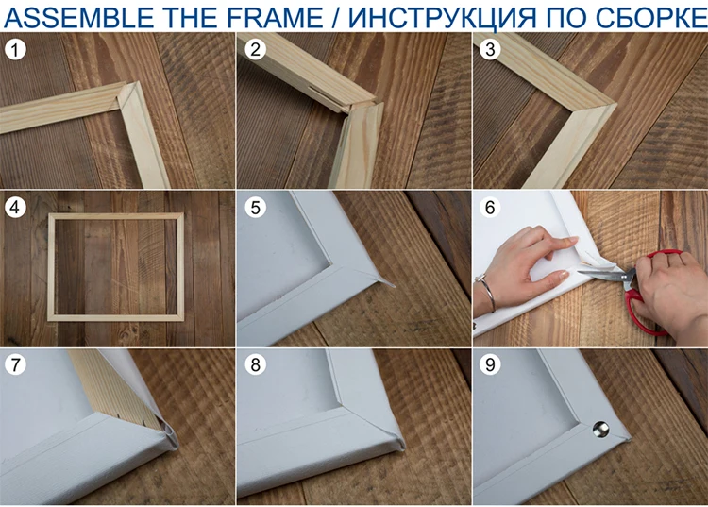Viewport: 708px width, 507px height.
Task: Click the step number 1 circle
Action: pos(15,50)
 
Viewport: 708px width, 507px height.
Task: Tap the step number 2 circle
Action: pos(255,49)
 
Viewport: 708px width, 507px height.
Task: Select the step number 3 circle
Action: pos(490,49)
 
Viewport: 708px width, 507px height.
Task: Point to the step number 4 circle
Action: pos(15,207)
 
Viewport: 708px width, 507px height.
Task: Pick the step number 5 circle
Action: pos(255,207)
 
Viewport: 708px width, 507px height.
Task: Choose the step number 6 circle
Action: pos(490,207)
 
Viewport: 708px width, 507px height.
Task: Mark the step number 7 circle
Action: pos(15,364)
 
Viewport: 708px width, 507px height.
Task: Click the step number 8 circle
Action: pos(255,364)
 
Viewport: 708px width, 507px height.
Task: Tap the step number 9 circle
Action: pos(490,364)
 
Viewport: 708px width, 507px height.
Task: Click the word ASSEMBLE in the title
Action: pos(78,17)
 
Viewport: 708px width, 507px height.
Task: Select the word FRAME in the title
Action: pos(275,17)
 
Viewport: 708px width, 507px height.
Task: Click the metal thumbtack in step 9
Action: pos(600,429)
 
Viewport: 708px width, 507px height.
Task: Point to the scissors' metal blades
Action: pos(605,274)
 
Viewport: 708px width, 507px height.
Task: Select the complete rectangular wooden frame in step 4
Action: pos(51,266)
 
